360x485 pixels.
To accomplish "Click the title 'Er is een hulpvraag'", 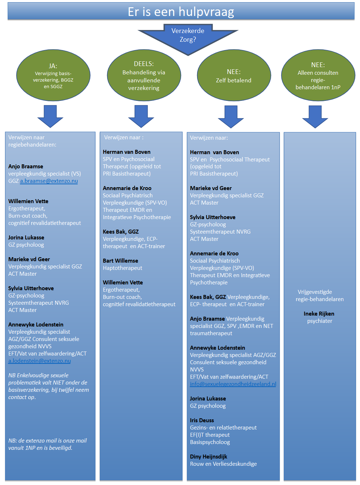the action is (x=181, y=12).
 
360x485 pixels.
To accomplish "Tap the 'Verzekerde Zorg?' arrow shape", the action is (x=188, y=38).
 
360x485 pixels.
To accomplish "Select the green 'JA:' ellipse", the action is (x=53, y=75).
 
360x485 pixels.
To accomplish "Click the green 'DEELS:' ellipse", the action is (x=144, y=75).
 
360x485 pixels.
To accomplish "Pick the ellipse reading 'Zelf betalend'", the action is (x=234, y=75).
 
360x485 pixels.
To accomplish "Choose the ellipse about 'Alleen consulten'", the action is (x=318, y=75).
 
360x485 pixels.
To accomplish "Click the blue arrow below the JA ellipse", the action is (x=50, y=116).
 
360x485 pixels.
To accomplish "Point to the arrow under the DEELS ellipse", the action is (x=141, y=116).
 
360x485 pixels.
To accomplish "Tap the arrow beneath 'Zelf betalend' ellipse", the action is (x=231, y=116).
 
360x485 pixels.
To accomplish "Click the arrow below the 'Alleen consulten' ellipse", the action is (x=315, y=116).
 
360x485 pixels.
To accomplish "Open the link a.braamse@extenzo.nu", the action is (x=49, y=181).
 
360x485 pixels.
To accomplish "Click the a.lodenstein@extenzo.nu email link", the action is (x=40, y=361).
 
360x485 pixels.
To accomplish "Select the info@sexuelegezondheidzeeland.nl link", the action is (x=233, y=384).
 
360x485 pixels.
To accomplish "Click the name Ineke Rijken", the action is (x=319, y=313).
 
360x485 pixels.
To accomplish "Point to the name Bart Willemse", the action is (x=120, y=261).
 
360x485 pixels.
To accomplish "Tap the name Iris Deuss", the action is (x=202, y=420).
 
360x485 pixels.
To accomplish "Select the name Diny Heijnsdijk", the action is (x=209, y=457).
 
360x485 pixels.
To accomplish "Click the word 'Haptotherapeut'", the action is (x=123, y=268).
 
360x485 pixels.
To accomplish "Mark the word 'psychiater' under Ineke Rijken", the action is (x=319, y=321).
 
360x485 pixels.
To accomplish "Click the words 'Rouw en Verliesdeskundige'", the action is (x=223, y=464).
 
